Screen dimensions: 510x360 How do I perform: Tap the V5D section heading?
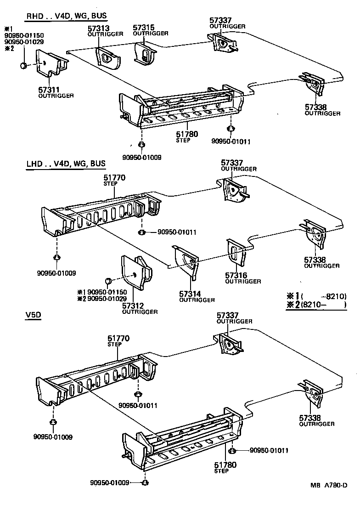coord(33,316)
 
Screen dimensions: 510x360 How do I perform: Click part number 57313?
coord(98,28)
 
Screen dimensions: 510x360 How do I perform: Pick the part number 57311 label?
coord(49,90)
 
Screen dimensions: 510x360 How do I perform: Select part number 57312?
coord(133,306)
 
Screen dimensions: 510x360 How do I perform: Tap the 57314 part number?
coord(190,295)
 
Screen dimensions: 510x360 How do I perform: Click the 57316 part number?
coord(236,276)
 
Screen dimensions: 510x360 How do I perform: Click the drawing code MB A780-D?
coord(328,498)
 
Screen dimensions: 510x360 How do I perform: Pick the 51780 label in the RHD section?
coord(186,134)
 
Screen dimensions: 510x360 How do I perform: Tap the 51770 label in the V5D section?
coord(118,339)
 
